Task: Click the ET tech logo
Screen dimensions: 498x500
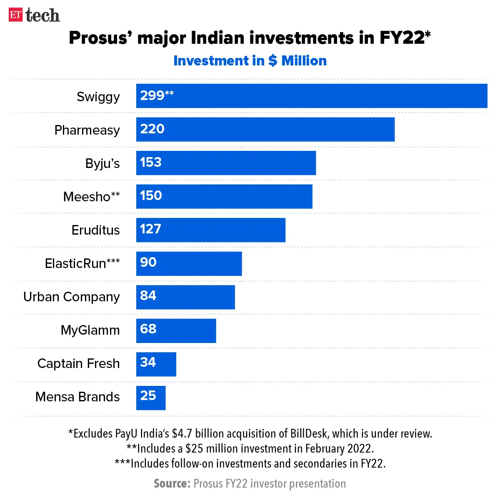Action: (x=34, y=15)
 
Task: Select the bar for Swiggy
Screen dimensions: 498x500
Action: (x=312, y=96)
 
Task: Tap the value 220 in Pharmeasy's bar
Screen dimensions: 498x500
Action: (x=152, y=129)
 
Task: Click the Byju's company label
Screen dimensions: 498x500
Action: (x=102, y=163)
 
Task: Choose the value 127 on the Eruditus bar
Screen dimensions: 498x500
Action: (x=150, y=229)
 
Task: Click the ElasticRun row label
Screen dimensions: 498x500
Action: (x=82, y=263)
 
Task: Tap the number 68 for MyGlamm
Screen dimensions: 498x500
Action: (x=148, y=329)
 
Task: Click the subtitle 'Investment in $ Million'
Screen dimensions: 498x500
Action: (x=250, y=61)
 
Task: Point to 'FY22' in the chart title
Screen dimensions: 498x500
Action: (x=402, y=38)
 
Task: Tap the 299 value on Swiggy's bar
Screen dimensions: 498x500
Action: (x=152, y=96)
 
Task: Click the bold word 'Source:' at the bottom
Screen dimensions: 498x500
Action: (x=172, y=483)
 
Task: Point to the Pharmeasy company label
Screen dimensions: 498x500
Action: (x=87, y=130)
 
